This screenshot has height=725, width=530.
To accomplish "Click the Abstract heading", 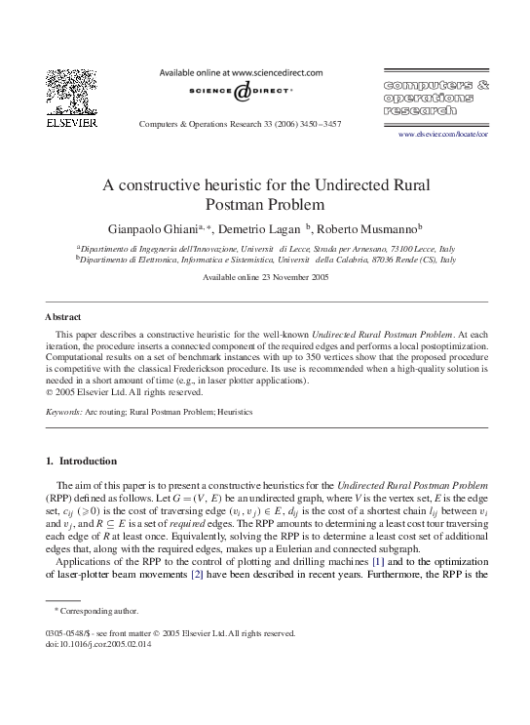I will (63, 318).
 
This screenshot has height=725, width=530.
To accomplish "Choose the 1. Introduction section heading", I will (80, 461).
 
